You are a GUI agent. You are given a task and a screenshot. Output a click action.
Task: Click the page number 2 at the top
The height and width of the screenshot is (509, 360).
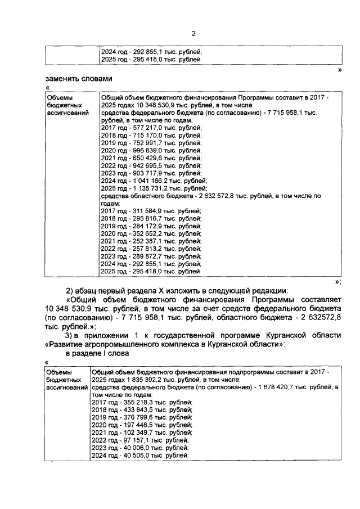193,33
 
